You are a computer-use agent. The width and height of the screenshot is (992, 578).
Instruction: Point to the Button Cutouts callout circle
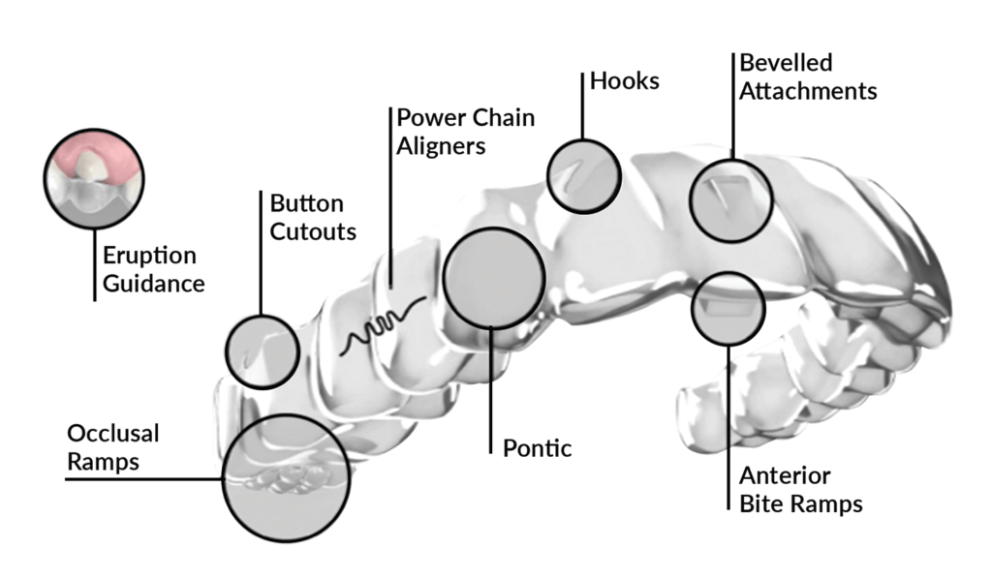tap(262, 351)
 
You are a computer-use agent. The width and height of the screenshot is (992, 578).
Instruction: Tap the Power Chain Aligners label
tap(465, 132)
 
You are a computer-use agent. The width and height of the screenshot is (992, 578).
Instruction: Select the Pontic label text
tap(538, 448)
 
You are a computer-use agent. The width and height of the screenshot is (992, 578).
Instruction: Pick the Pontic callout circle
tap(492, 278)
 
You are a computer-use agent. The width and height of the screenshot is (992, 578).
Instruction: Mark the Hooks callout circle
tap(583, 174)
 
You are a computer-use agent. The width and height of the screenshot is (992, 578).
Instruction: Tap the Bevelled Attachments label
tap(808, 77)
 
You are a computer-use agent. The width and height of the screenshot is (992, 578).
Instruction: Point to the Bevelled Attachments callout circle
tap(731, 200)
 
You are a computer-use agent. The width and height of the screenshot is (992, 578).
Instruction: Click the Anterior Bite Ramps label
tap(800, 490)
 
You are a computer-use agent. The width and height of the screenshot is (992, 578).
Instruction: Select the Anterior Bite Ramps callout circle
tap(728, 309)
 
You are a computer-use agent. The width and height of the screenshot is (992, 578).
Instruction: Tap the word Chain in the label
tap(500, 117)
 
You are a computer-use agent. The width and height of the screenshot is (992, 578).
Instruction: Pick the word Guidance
tap(154, 284)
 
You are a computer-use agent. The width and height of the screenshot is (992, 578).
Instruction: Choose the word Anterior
tap(785, 476)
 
